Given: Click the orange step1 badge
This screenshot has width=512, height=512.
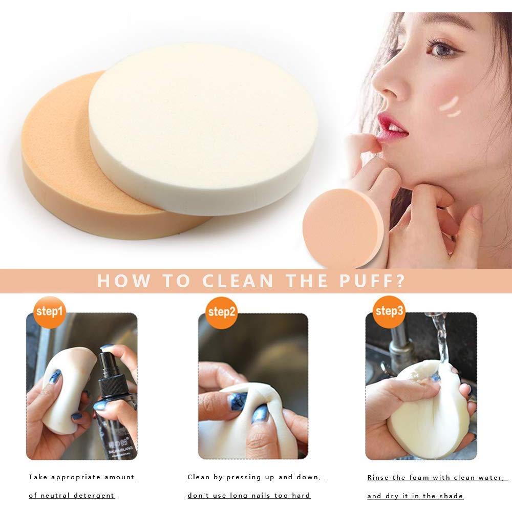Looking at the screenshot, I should [x=50, y=311].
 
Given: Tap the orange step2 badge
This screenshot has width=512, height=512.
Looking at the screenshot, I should [x=221, y=311].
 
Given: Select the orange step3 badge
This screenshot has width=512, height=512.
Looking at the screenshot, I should [x=389, y=311].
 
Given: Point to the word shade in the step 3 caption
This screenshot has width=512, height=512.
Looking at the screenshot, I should [x=451, y=496].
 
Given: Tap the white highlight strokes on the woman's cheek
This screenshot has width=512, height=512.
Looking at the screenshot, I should [x=451, y=105].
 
